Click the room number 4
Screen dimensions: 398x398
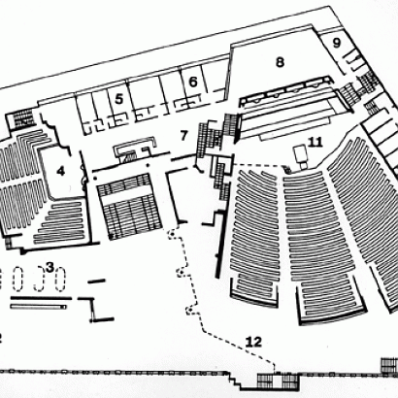click(x=60, y=171)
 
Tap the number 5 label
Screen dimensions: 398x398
click(x=119, y=99)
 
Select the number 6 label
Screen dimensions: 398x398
click(x=193, y=82)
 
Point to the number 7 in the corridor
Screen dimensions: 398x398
click(x=183, y=136)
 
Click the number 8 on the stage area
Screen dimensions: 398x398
click(x=281, y=61)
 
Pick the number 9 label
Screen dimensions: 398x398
click(x=337, y=43)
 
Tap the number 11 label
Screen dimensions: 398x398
click(x=315, y=142)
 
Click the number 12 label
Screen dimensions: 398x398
click(x=253, y=341)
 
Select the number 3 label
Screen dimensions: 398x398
click(x=50, y=268)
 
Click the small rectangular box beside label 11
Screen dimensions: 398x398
click(x=299, y=152)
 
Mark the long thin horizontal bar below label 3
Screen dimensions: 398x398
click(x=39, y=307)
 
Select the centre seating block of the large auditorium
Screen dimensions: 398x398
click(x=320, y=246)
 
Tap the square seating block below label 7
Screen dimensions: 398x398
click(x=129, y=207)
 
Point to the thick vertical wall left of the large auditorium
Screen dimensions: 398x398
click(x=220, y=245)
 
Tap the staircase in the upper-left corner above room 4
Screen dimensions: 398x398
click(x=20, y=118)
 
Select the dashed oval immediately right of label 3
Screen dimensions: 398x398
click(x=60, y=279)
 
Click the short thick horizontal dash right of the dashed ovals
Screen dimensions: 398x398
click(x=97, y=282)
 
